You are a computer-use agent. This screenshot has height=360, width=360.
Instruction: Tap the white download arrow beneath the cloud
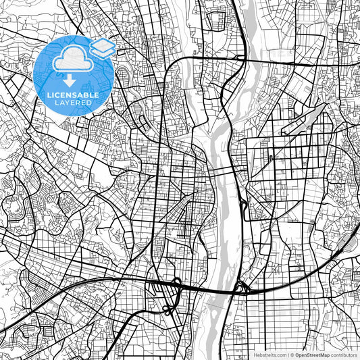(69, 80)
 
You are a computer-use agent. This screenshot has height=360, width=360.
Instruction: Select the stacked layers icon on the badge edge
(102, 47)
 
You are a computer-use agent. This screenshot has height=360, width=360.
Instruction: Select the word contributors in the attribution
(344, 355)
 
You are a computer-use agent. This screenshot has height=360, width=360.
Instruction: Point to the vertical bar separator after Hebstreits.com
(287, 355)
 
